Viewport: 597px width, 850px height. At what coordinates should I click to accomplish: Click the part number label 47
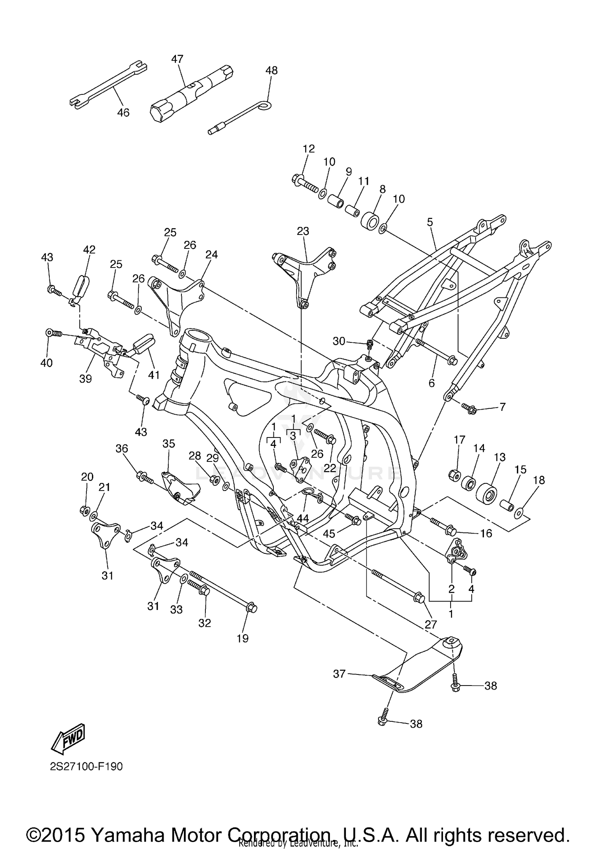(x=177, y=59)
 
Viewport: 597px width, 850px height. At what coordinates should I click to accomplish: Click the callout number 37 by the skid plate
(x=339, y=674)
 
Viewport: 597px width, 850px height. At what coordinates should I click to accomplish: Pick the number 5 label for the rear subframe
(x=430, y=222)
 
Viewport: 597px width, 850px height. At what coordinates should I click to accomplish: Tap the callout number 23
(x=303, y=231)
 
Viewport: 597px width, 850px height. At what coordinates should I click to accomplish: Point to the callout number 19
(x=242, y=638)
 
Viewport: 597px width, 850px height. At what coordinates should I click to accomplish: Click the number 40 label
(x=47, y=363)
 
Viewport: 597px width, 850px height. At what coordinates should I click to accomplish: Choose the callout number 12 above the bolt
(x=308, y=149)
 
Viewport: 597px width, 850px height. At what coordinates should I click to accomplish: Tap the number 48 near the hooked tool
(x=271, y=70)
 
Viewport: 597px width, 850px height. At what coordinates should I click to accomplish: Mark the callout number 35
(x=169, y=444)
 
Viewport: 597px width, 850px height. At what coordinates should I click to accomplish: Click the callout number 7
(x=502, y=407)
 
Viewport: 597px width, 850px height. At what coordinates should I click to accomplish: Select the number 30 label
(x=339, y=341)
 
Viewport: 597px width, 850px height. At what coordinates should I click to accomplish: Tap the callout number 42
(x=89, y=250)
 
